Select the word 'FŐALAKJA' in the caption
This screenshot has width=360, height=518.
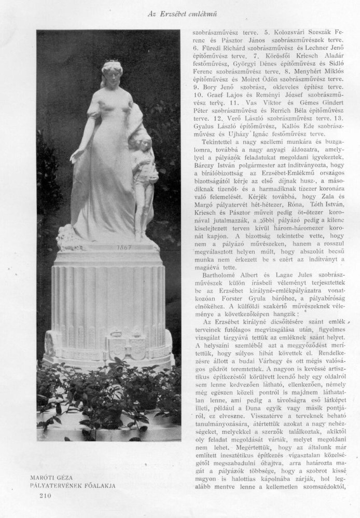[100, 485]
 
